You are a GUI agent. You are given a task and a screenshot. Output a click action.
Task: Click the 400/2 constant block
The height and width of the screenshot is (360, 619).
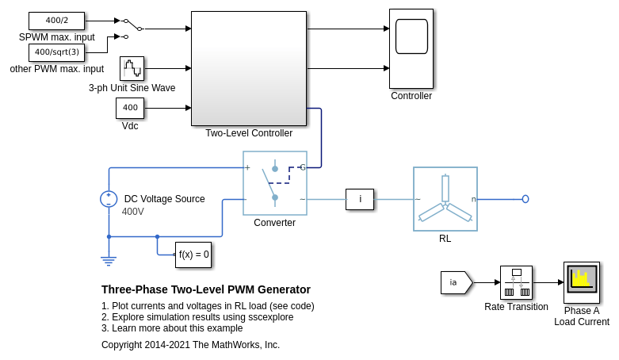click(56, 21)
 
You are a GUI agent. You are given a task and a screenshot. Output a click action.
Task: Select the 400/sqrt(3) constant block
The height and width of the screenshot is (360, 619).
click(56, 52)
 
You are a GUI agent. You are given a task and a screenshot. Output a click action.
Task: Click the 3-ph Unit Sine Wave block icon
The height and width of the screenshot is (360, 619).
click(132, 68)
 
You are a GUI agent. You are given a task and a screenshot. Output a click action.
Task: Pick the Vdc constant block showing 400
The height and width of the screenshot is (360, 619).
click(130, 108)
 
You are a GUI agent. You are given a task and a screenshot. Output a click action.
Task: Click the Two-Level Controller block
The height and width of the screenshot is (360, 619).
click(248, 68)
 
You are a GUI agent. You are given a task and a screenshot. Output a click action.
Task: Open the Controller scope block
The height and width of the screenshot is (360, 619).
click(411, 48)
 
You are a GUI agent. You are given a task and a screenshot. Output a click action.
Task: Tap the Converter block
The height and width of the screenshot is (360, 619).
click(274, 183)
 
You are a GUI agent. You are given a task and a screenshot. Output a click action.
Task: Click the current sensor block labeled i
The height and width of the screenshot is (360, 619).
click(360, 199)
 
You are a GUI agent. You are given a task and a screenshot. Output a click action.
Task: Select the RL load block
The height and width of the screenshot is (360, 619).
click(445, 199)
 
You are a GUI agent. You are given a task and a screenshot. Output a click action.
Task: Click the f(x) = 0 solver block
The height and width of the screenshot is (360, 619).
click(193, 255)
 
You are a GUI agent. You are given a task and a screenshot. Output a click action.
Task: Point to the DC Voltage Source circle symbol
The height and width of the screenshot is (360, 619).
click(109, 199)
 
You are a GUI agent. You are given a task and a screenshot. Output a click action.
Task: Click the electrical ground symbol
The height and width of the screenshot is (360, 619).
click(109, 259)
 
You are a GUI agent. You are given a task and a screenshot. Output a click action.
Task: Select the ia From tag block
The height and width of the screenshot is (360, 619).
click(456, 282)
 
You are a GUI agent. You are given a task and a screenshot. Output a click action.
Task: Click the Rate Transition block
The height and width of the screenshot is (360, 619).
click(516, 282)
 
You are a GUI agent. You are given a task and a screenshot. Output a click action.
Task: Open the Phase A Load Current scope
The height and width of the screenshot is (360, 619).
click(581, 282)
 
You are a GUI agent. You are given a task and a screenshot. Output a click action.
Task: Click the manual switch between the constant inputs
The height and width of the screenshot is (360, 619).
click(132, 25)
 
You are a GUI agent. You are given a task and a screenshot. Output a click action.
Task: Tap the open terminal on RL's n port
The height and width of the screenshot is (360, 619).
click(525, 199)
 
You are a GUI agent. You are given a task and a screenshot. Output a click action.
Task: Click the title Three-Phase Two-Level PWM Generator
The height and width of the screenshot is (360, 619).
click(206, 289)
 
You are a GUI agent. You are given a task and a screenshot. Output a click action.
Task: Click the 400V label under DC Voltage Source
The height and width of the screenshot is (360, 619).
click(133, 212)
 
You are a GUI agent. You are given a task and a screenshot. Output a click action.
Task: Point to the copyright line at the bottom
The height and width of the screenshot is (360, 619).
click(190, 345)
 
